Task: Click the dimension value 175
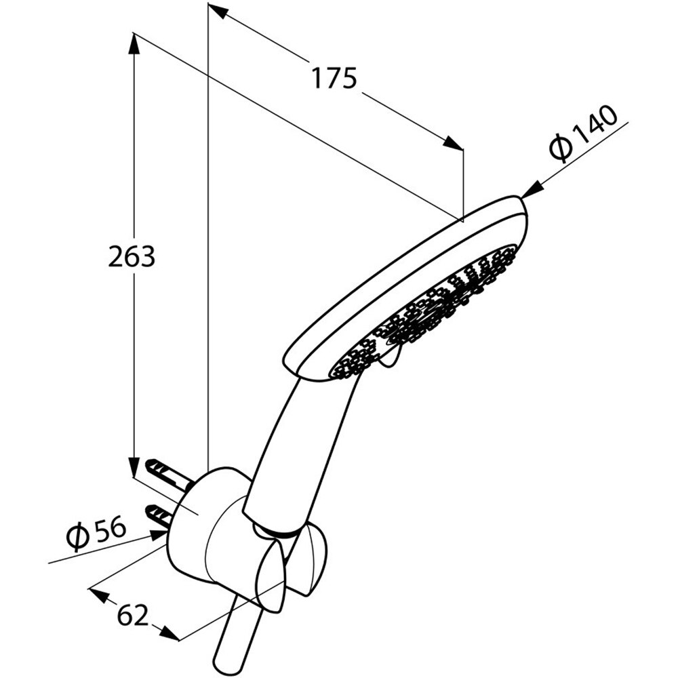click(334, 79)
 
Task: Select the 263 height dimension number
click(132, 257)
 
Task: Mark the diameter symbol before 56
click(79, 538)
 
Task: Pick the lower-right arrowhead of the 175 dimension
click(454, 143)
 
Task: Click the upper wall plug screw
click(163, 470)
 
